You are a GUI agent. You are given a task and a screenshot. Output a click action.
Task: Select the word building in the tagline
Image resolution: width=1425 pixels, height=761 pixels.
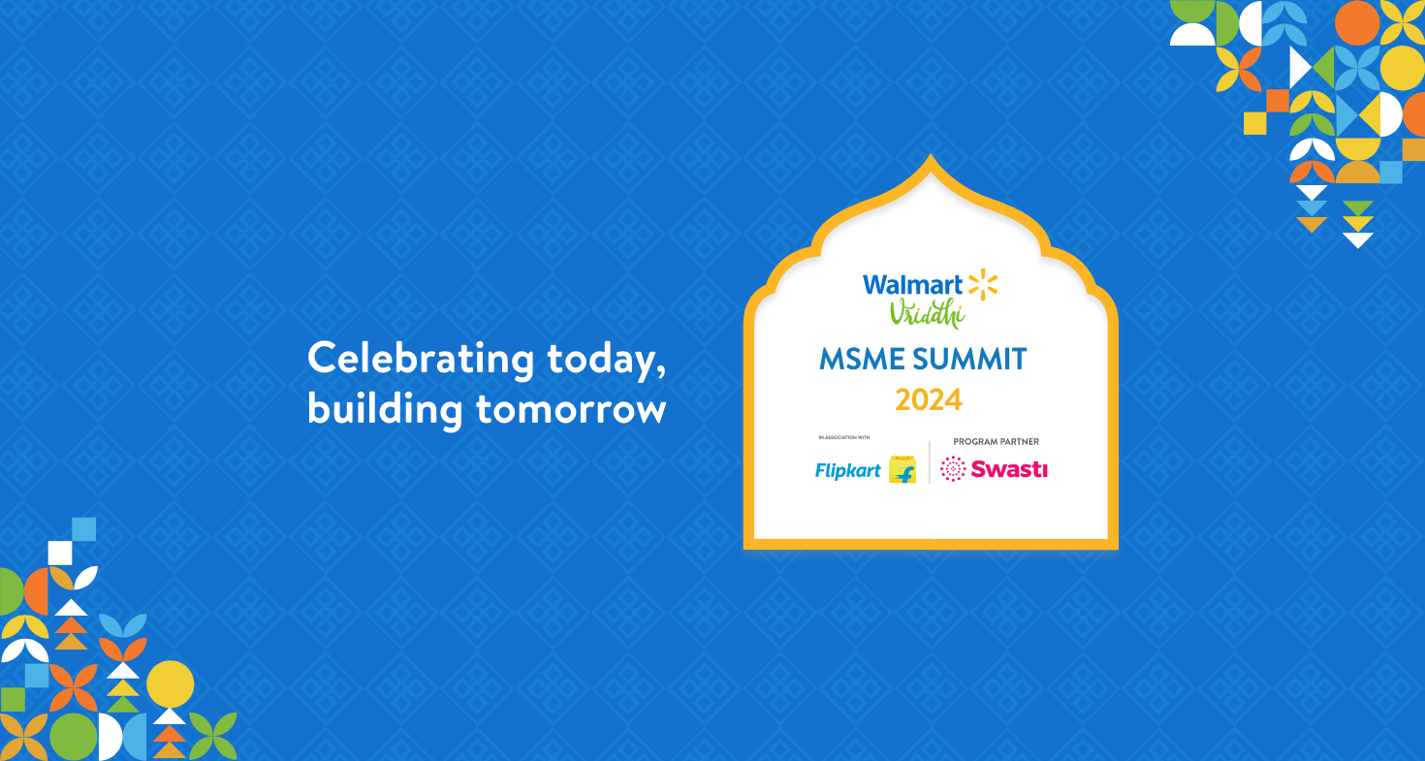click(385, 408)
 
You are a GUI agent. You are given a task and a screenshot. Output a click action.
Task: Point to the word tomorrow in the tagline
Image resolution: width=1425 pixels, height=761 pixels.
click(571, 410)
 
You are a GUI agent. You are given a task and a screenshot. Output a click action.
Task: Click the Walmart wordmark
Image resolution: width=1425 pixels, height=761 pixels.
click(913, 284)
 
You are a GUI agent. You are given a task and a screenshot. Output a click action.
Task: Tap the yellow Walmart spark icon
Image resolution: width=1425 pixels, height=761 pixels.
click(983, 284)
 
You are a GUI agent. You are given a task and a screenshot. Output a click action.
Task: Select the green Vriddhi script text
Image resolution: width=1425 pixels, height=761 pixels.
click(927, 313)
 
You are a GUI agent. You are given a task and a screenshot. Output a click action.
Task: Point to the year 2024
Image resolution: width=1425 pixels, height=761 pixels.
click(929, 400)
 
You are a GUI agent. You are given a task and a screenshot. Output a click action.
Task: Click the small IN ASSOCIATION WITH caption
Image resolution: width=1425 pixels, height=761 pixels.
click(844, 438)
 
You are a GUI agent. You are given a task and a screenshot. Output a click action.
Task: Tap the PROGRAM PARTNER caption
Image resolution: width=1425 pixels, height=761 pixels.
click(997, 442)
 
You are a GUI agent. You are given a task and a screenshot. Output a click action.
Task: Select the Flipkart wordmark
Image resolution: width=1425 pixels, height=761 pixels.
click(848, 470)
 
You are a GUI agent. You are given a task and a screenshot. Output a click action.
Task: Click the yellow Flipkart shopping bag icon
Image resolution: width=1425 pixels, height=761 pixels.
click(902, 469)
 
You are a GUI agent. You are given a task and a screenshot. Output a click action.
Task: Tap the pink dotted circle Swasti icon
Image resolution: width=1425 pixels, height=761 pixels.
click(953, 469)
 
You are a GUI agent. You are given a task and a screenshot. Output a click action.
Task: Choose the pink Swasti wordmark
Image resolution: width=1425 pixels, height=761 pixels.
click(1009, 469)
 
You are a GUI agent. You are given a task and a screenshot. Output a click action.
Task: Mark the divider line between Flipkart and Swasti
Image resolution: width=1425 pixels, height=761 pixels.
click(930, 462)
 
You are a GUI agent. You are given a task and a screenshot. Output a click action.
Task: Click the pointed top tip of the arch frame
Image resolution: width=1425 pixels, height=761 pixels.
click(931, 154)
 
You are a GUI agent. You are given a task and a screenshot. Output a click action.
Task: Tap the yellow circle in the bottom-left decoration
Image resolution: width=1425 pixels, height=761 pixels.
click(170, 684)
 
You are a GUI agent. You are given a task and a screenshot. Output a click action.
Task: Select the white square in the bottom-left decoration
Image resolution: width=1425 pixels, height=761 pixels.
click(60, 553)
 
